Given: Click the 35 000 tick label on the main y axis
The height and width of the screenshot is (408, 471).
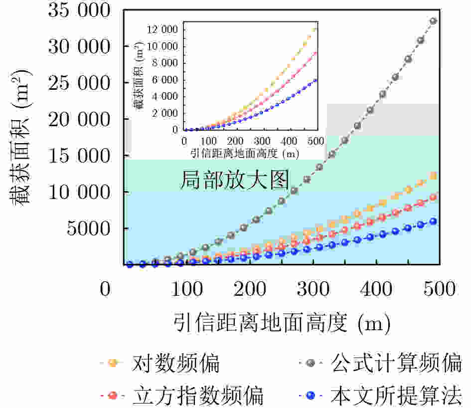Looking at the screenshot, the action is tap(79, 10).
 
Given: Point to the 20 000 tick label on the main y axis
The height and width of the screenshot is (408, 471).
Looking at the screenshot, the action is tap(79, 119).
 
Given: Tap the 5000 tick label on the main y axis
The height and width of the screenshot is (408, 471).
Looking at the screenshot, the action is tap(89, 228).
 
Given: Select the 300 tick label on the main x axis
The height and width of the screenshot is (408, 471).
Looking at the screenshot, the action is tap(313, 289).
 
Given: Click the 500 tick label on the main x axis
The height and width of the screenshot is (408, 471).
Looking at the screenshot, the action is tap(440, 289).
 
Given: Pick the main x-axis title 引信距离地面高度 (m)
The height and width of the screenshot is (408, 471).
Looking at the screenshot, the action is tap(282, 323).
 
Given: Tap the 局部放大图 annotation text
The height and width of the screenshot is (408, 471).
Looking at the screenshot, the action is tap(234, 180).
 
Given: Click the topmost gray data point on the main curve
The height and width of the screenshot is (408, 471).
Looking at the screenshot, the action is tap(433, 21).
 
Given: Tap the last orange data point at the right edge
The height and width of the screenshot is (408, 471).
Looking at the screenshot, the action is tap(434, 176).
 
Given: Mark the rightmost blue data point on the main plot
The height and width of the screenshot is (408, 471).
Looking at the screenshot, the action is tap(433, 221).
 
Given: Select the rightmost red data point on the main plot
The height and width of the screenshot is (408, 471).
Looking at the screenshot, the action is tap(433, 198).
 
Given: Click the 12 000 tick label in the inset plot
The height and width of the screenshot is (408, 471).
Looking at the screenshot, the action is tap(162, 29).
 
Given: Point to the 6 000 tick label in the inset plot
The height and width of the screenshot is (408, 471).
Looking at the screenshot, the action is tap(165, 80).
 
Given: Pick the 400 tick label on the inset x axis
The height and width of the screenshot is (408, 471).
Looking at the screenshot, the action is tap(289, 141).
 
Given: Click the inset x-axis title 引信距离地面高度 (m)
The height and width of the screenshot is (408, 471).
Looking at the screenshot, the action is tap(245, 154).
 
